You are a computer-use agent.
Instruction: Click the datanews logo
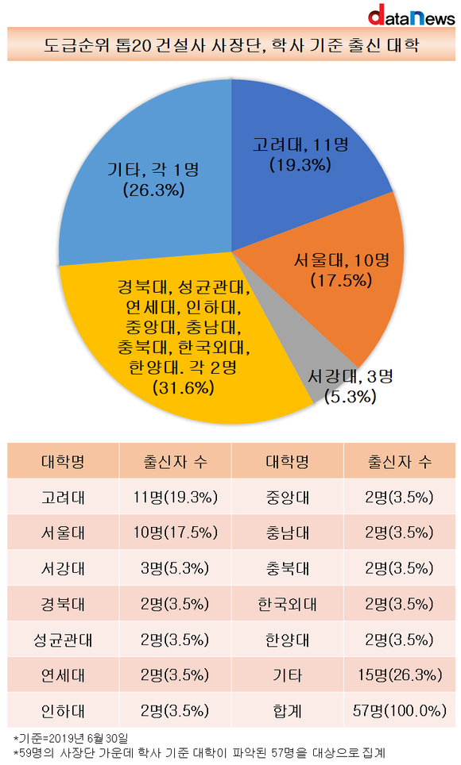point(411,15)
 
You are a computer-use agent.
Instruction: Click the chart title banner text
point(231,45)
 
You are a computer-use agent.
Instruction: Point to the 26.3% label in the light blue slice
point(153,190)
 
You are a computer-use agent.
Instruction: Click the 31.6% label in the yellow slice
point(184,388)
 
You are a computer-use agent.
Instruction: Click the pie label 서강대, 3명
point(350,376)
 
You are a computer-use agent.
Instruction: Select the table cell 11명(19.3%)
point(175,497)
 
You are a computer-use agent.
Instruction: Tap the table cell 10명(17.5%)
point(175,532)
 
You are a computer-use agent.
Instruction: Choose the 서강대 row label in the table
point(63,568)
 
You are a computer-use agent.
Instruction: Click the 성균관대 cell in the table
point(63,640)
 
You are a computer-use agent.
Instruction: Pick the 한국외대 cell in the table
point(288,604)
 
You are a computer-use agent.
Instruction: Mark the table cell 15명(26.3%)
point(400,675)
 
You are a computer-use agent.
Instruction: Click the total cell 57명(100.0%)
point(400,711)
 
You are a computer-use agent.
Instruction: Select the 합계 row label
point(288,711)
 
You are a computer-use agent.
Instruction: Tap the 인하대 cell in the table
point(63,711)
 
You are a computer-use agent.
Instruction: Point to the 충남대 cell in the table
point(288,532)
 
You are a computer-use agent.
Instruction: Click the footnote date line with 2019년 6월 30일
point(71,738)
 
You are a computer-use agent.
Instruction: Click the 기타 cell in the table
point(288,675)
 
